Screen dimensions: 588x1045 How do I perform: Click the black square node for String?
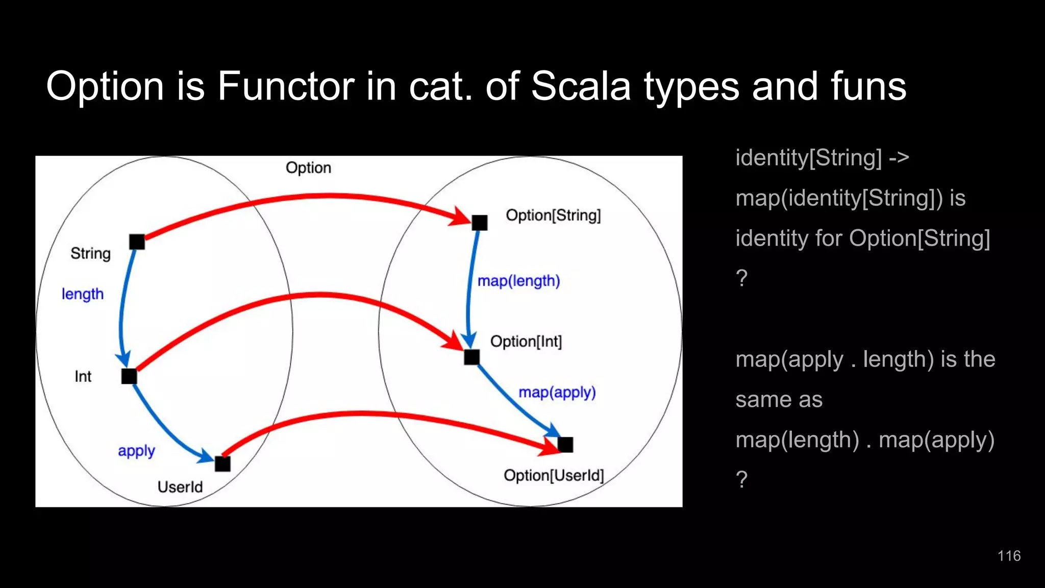137,241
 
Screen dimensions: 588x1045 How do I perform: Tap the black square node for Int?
129,376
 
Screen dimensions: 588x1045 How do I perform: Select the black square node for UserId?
222,463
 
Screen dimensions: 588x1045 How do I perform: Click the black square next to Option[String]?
480,223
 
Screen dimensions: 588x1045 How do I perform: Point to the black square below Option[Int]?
472,357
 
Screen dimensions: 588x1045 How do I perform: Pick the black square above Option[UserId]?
565,445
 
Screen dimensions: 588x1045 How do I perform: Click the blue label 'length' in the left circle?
83,294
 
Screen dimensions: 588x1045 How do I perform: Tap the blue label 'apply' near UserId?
136,451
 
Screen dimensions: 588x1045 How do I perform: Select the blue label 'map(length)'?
518,281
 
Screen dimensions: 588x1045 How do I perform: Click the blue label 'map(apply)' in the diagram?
557,392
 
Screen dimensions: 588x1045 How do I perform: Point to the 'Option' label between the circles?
308,167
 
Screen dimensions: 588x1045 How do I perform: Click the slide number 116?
1009,556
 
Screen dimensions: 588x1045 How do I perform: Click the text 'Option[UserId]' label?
554,475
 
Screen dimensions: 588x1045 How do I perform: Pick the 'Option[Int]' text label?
526,341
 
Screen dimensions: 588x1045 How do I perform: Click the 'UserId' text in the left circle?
180,486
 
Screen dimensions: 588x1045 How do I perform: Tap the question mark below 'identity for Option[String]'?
741,278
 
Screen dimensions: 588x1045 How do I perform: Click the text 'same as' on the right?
779,399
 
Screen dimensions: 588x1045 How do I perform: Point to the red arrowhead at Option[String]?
460,217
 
